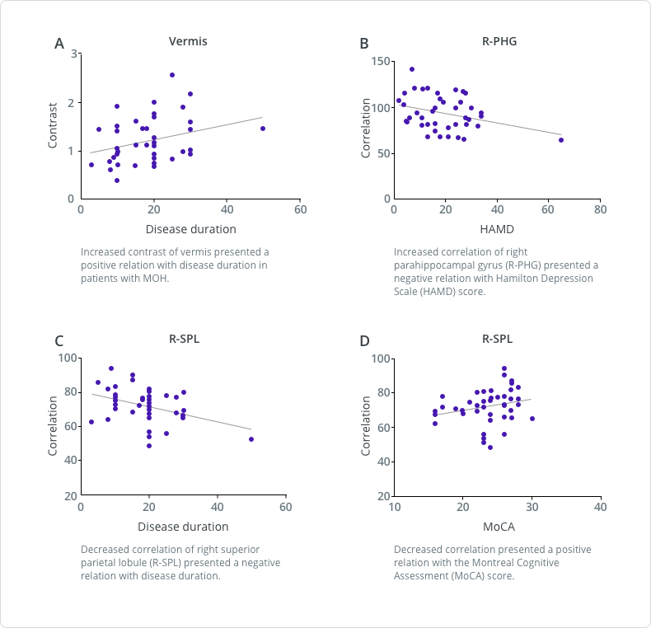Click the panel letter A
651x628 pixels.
coord(59,44)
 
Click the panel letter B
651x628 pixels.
coord(363,44)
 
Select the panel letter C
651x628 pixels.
coord(59,340)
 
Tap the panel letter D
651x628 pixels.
coord(364,340)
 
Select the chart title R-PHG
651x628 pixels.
coord(499,41)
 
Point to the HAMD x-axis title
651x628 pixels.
coord(498,229)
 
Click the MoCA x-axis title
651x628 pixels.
coord(498,526)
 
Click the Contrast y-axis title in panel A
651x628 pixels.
coord(53,126)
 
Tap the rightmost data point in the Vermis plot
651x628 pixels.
coord(263,129)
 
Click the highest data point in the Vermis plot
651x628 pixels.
coord(172,75)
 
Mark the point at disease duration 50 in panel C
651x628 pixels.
coord(251,439)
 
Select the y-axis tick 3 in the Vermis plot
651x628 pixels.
coord(74,54)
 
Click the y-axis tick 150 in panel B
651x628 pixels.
coord(379,62)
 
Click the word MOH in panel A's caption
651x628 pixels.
coord(156,279)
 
